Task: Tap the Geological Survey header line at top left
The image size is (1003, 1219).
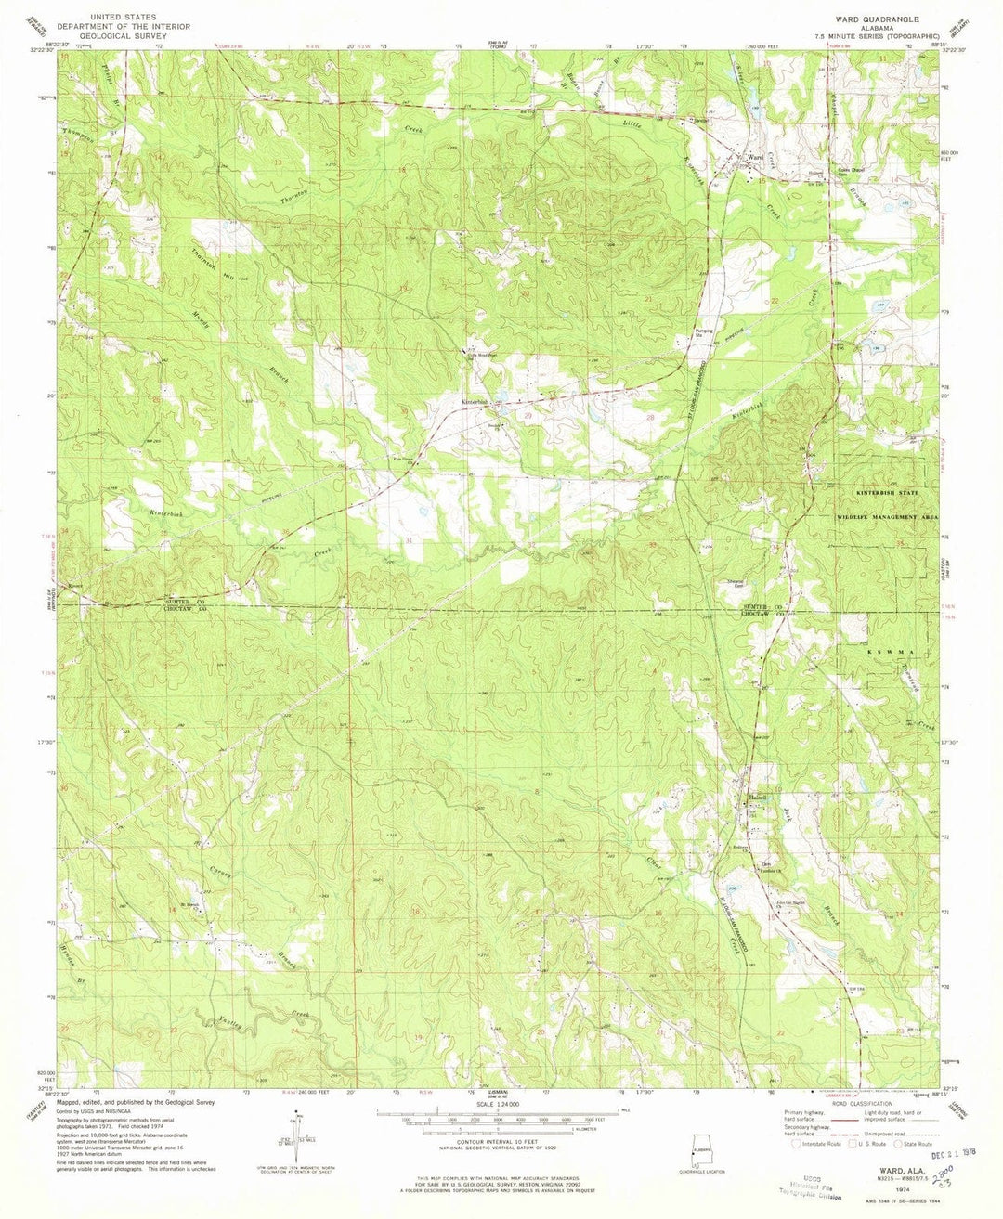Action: pos(131,38)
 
